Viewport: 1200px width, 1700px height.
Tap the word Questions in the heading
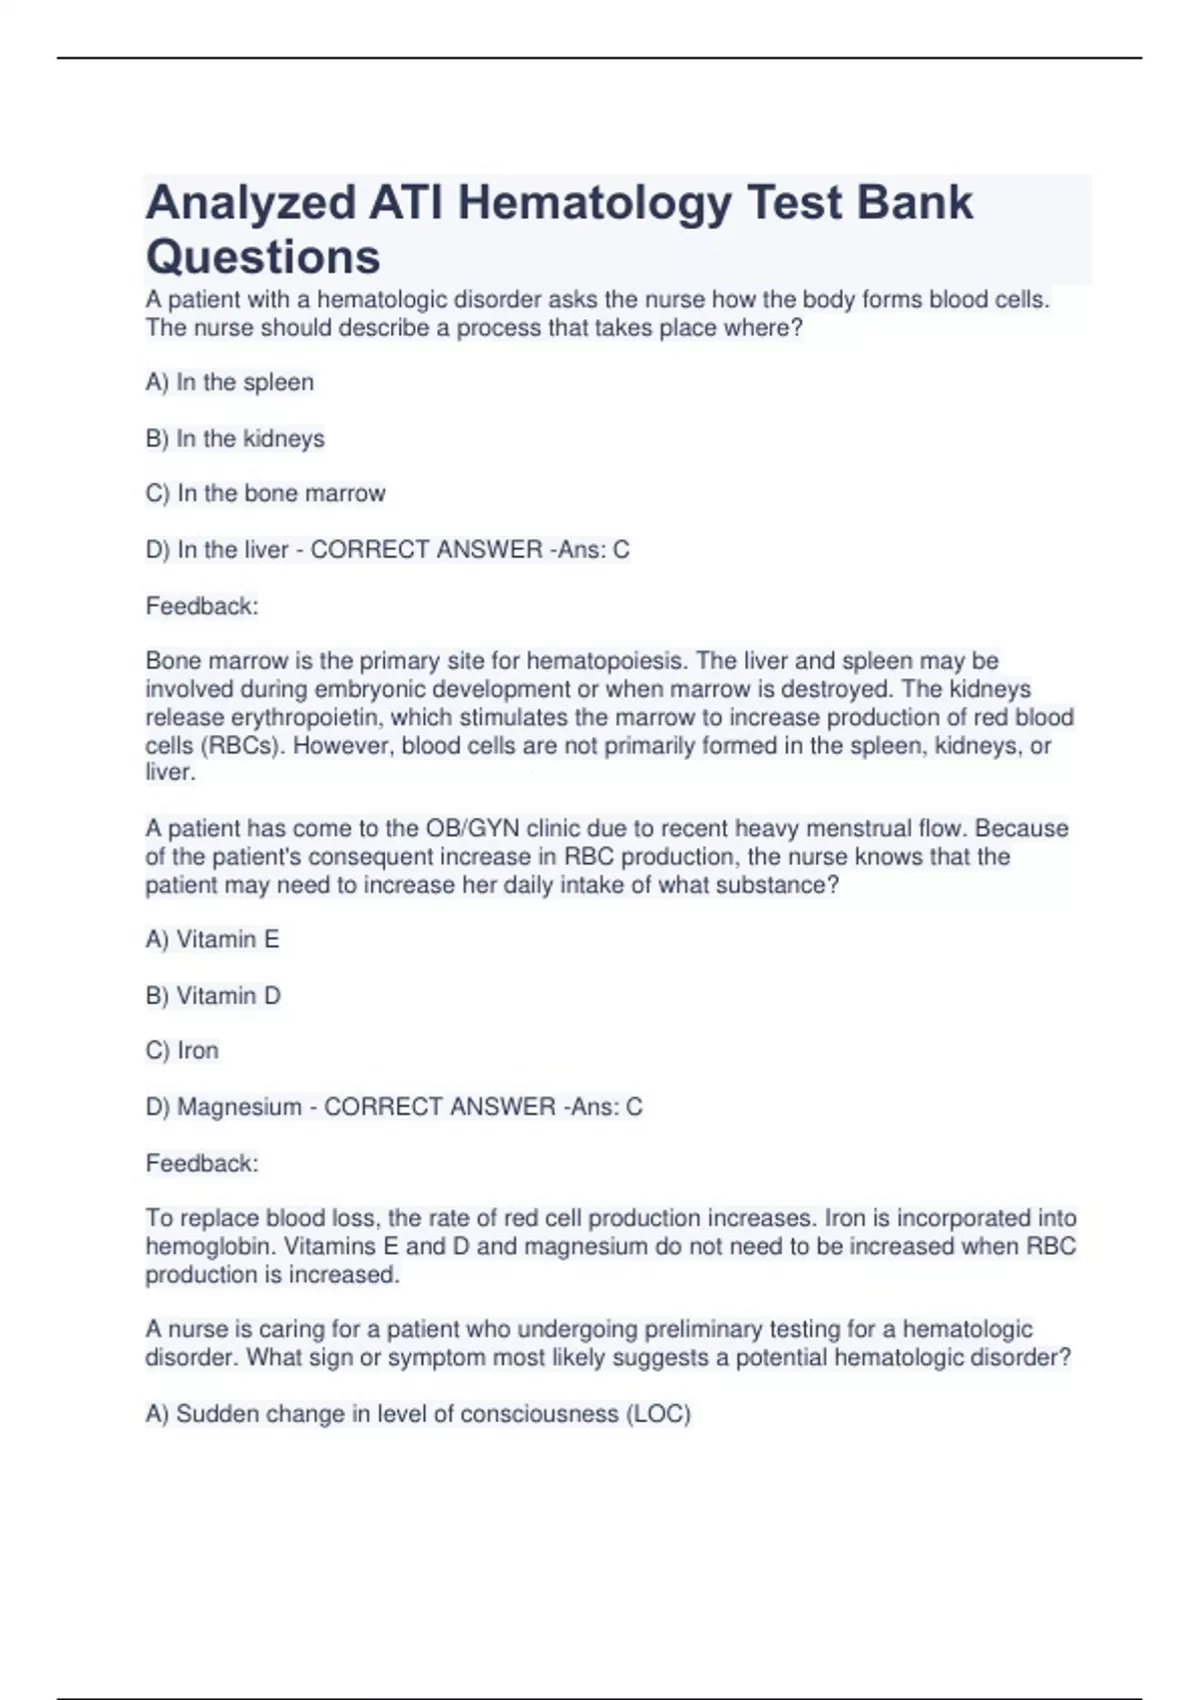pyautogui.click(x=263, y=257)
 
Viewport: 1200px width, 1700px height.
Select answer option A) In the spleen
pyautogui.click(x=230, y=382)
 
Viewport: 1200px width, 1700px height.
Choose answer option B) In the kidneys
pyautogui.click(x=235, y=438)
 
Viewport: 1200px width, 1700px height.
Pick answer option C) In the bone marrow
pyautogui.click(x=265, y=493)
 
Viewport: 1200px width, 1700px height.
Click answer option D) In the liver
pyautogui.click(x=217, y=549)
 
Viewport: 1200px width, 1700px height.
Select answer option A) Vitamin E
pyautogui.click(x=212, y=939)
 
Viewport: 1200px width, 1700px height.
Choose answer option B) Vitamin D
pyautogui.click(x=213, y=995)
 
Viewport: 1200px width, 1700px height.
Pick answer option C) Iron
pyautogui.click(x=182, y=1050)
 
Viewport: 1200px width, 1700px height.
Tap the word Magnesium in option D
pyautogui.click(x=239, y=1106)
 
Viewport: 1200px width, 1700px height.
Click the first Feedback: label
pyautogui.click(x=202, y=606)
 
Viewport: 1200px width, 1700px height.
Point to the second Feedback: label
pyautogui.click(x=202, y=1163)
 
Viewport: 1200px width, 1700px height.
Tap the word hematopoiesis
pyautogui.click(x=606, y=661)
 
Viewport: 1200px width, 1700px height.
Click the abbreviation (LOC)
pyautogui.click(x=658, y=1414)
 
